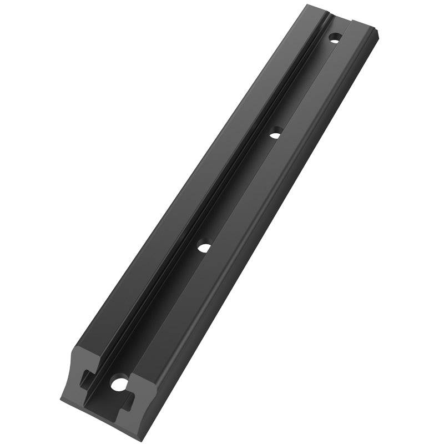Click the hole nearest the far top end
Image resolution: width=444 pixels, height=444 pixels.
(x=334, y=38)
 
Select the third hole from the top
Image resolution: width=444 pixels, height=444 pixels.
(x=204, y=248)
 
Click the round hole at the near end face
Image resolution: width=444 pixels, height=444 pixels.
(x=118, y=383)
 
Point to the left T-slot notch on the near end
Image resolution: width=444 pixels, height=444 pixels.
(x=85, y=380)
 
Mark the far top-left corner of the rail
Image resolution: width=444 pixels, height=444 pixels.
(x=306, y=6)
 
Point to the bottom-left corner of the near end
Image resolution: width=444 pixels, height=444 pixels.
(x=60, y=396)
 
